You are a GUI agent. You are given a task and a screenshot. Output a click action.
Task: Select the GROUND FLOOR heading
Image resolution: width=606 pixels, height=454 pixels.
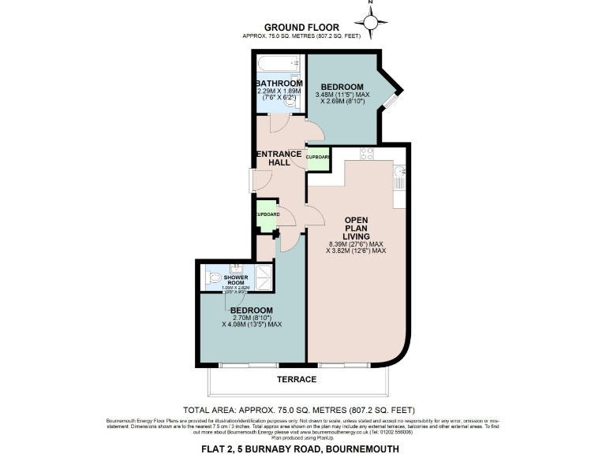click(303, 28)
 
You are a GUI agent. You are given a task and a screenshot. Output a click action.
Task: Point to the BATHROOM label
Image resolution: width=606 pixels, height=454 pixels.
click(279, 84)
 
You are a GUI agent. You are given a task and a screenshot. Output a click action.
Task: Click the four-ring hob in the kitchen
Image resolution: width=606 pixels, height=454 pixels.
click(367, 153)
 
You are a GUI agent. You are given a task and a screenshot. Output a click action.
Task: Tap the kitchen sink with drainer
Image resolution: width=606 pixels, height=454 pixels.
click(399, 177)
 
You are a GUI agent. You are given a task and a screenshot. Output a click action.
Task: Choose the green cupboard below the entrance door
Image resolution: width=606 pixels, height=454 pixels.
click(267, 214)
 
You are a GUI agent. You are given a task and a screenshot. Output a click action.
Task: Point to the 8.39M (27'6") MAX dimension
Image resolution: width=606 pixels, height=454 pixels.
click(357, 244)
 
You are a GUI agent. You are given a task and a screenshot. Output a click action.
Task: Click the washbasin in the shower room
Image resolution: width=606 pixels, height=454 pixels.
click(236, 268)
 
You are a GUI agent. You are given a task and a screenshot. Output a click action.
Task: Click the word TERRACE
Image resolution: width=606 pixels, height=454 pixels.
click(297, 379)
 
